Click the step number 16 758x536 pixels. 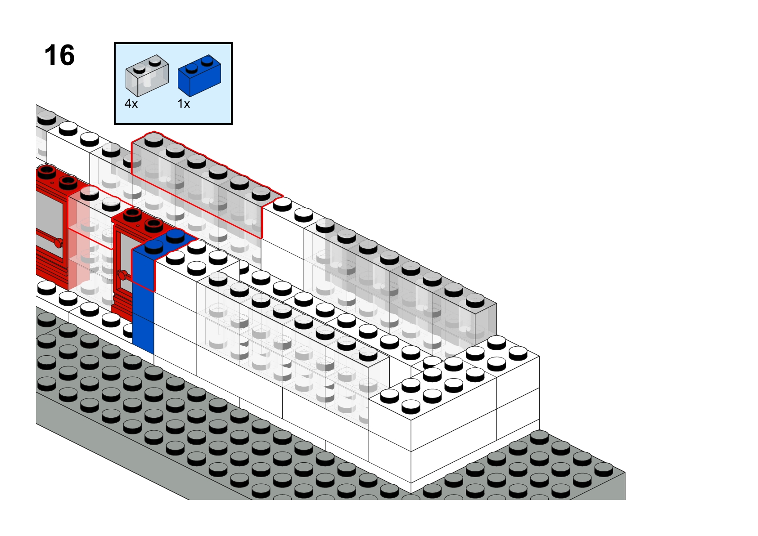pos(59,55)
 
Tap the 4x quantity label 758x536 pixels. pos(131,104)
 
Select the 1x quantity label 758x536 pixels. pos(184,104)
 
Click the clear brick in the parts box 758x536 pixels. pos(147,76)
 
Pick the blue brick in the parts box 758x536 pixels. pos(199,76)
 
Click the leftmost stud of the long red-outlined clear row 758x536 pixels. pos(154,139)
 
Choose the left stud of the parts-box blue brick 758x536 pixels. pos(192,67)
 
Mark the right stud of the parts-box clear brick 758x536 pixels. pos(155,62)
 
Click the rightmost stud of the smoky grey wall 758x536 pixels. pos(475,300)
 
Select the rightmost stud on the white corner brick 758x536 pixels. pos(518,353)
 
